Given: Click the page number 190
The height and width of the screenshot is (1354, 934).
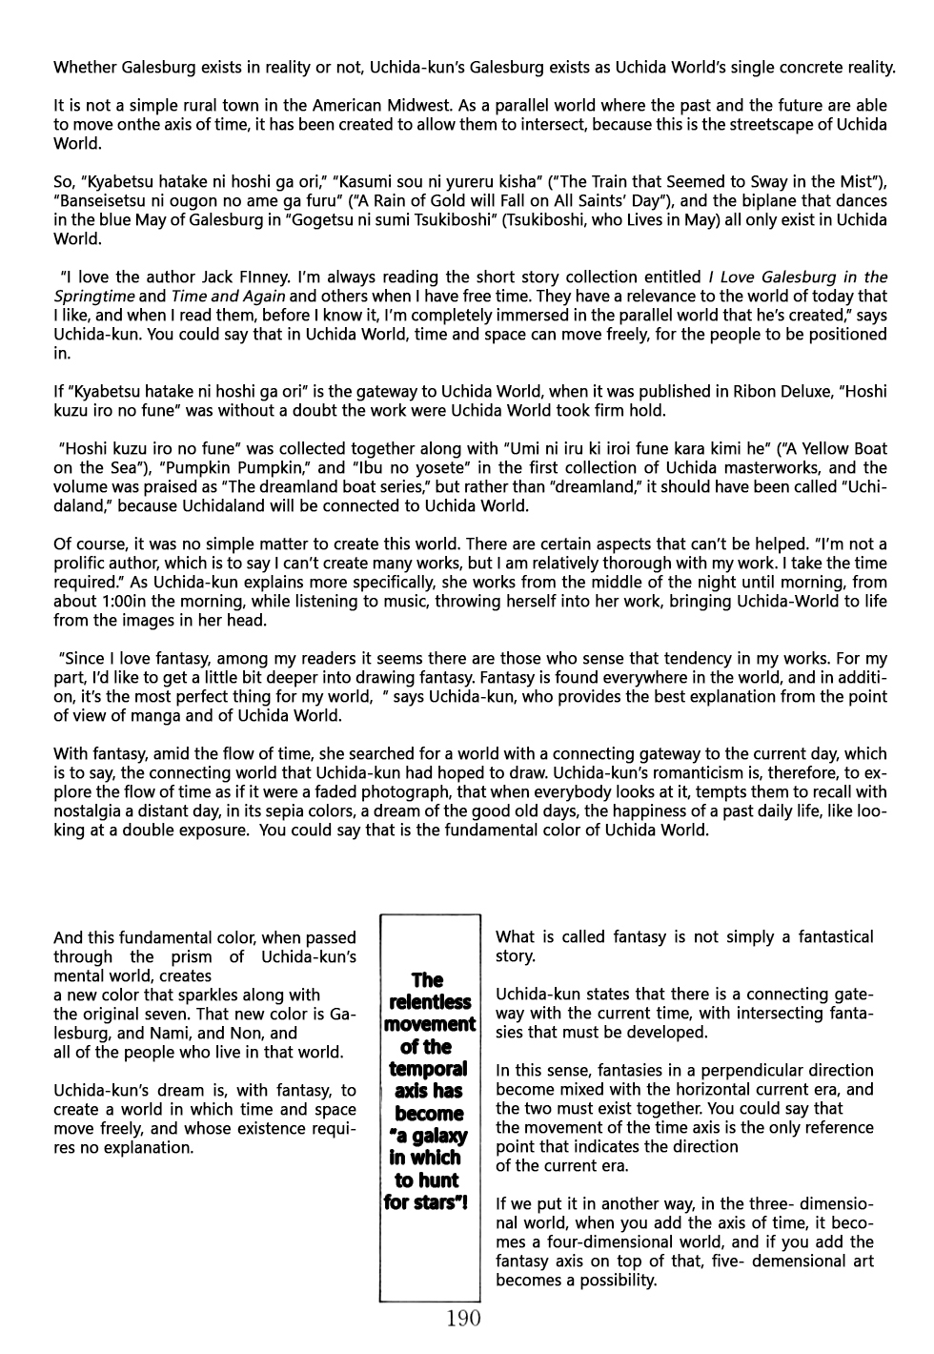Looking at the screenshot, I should click(x=462, y=1319).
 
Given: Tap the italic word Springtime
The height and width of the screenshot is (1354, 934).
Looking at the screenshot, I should click(x=93, y=297).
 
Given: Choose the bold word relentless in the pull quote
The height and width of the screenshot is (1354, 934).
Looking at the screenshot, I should click(x=429, y=1002).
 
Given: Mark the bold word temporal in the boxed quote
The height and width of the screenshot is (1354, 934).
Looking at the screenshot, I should click(x=428, y=1069).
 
